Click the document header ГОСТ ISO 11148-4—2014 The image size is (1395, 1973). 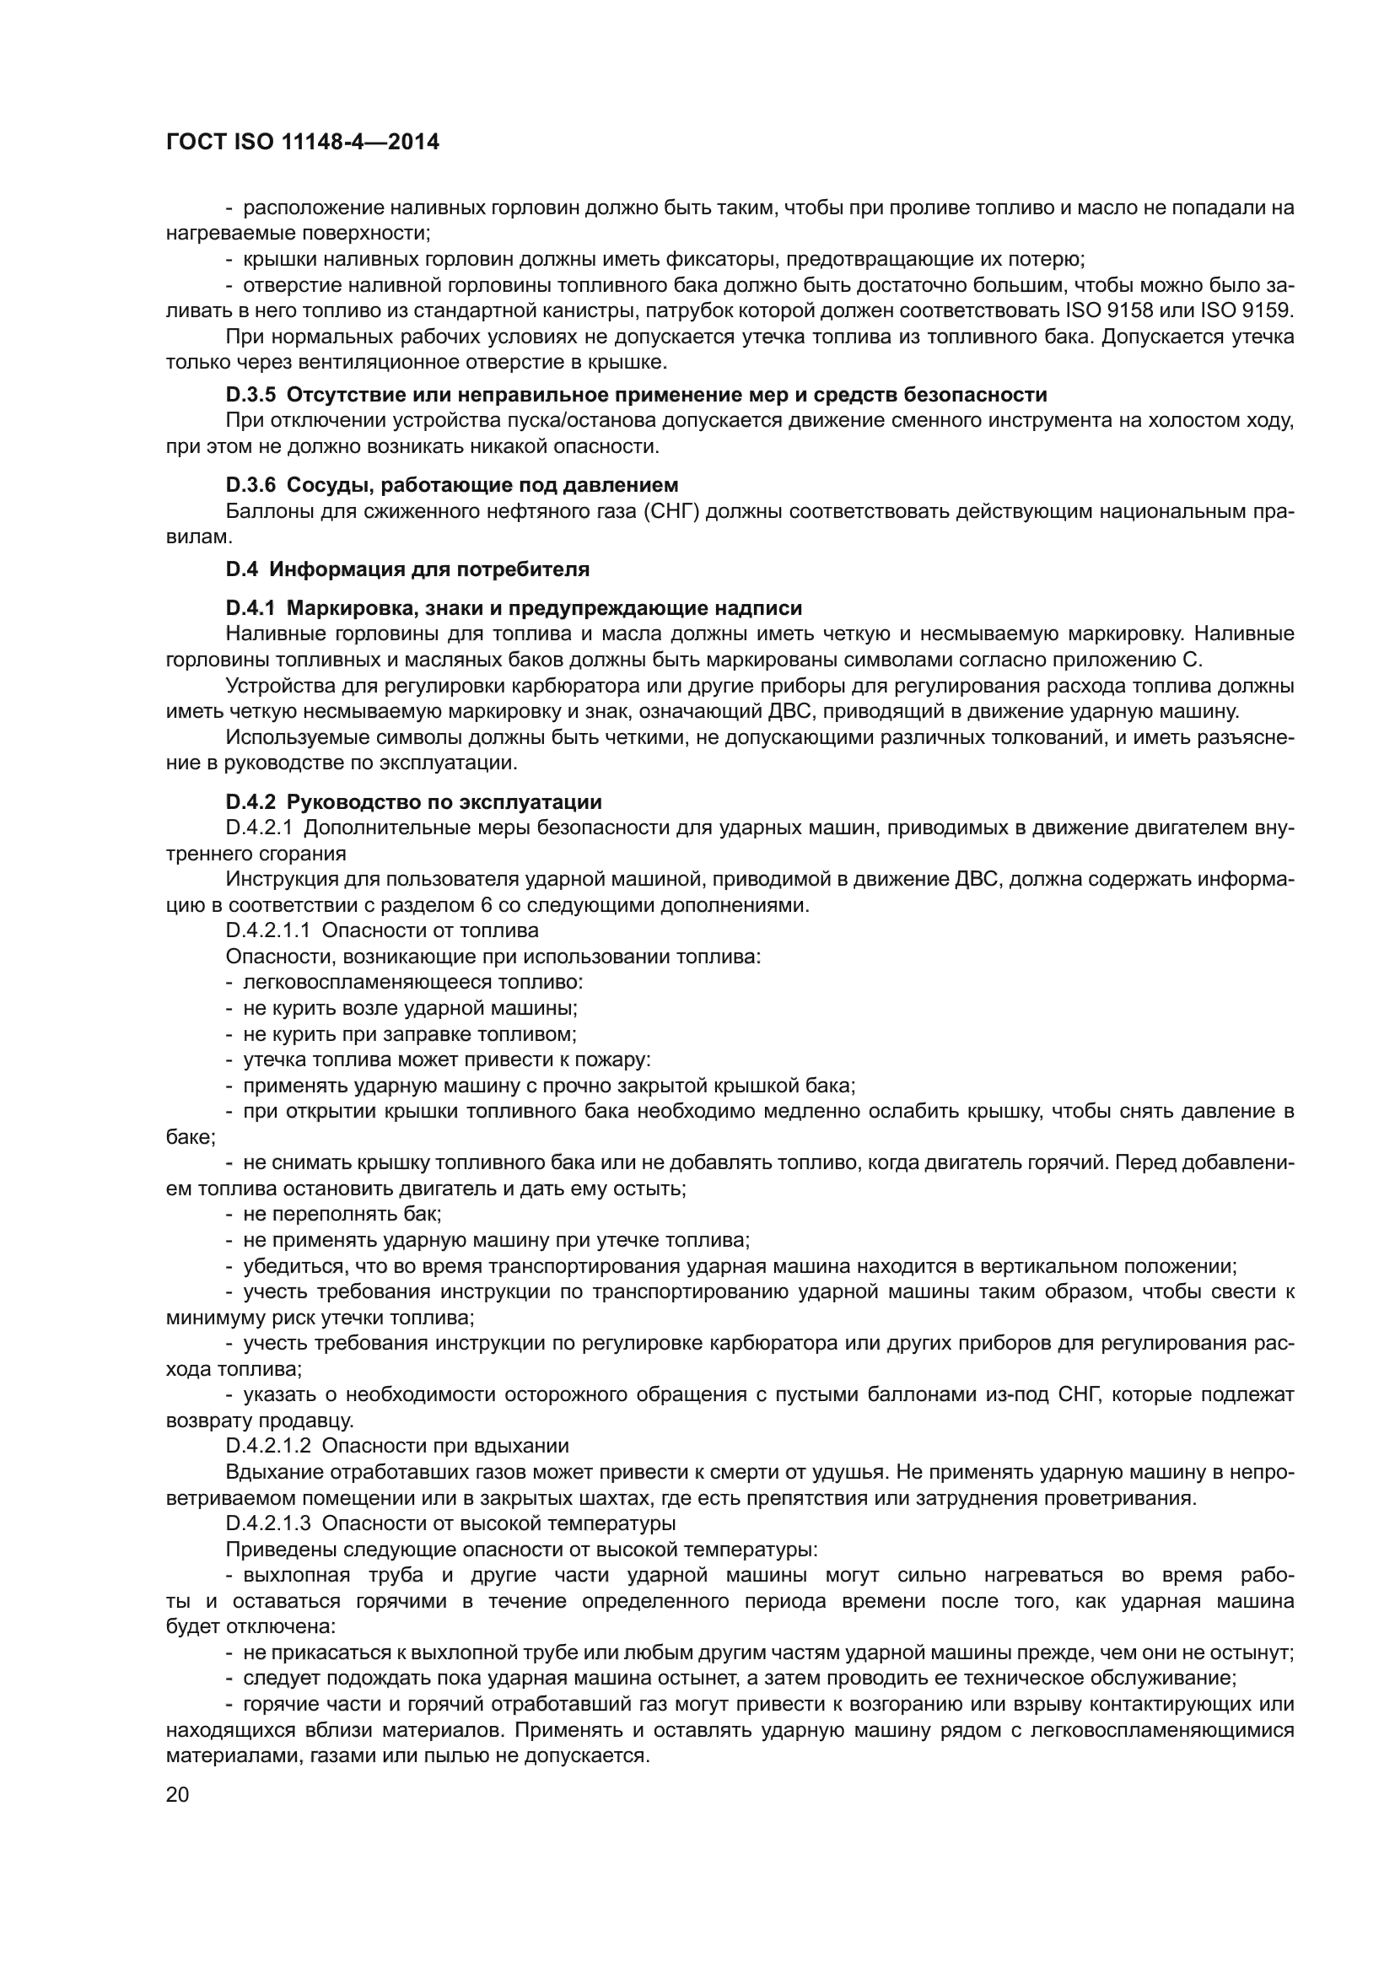point(303,142)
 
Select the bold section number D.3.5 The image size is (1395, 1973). point(250,395)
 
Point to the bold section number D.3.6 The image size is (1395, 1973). point(250,486)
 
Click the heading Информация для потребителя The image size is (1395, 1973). point(437,569)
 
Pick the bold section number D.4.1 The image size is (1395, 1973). point(250,608)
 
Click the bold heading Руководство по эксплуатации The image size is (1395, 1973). point(444,801)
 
